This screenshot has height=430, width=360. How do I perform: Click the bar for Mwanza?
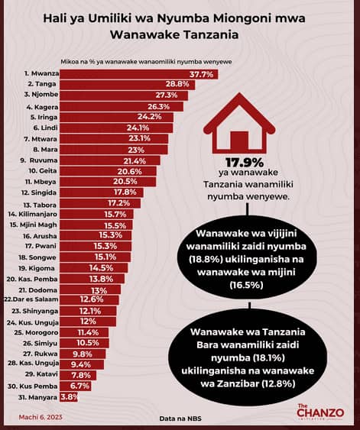coord(139,74)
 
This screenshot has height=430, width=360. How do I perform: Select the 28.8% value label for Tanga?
coord(177,84)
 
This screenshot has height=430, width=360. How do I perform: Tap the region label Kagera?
coord(42,107)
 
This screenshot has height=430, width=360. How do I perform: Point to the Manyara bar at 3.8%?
coord(69,397)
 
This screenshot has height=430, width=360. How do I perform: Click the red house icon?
coord(239,124)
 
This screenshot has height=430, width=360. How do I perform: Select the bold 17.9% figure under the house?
coord(245,163)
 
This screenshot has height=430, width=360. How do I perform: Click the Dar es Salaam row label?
coord(31,299)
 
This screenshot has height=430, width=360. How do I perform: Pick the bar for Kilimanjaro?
coord(96,214)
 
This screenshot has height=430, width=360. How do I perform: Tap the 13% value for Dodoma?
coord(99,290)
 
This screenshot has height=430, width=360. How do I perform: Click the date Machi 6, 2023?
coord(41,417)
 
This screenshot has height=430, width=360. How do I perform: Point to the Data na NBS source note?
coord(180,419)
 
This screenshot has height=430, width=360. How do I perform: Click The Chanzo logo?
coord(320,412)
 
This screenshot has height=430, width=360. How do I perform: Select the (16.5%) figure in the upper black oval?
coord(246,285)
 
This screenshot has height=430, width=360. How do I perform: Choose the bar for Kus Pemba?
coord(76,386)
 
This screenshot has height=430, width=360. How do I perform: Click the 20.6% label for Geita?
coord(129,171)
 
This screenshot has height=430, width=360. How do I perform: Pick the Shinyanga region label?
coord(35,311)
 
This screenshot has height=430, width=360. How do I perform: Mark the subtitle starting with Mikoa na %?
coord(146,62)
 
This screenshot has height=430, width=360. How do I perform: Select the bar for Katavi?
coord(78,375)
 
